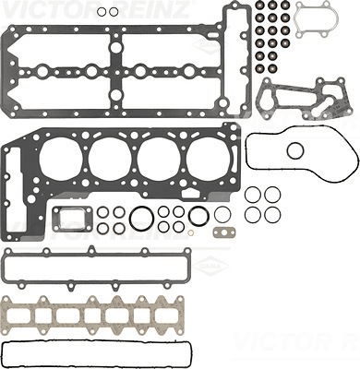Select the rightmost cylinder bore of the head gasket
[207, 159]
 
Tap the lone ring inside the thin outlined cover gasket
[294, 151]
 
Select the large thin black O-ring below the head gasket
[142, 219]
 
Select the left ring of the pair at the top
[103, 12]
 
